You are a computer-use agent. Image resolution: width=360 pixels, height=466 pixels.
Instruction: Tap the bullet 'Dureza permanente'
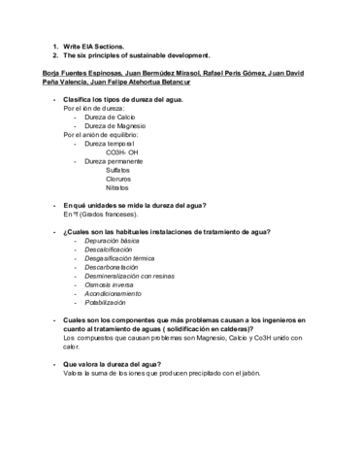[x=118, y=160]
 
